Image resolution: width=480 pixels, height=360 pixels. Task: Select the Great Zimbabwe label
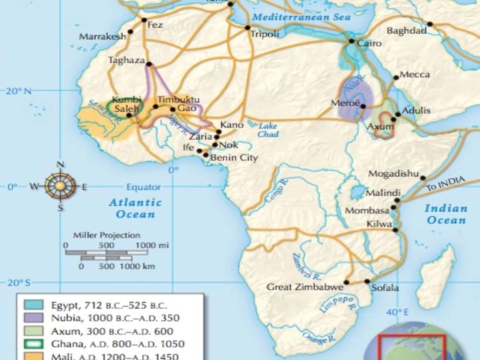(x=305, y=287)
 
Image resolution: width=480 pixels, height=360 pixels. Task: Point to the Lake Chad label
(x=268, y=130)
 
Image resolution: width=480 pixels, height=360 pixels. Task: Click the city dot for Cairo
(x=351, y=42)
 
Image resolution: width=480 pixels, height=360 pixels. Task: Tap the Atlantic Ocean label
(x=135, y=208)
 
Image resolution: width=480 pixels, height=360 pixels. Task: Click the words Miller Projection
(x=106, y=235)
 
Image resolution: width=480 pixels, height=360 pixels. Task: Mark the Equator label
(x=143, y=187)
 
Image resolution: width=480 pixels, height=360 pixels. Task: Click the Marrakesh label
(x=102, y=37)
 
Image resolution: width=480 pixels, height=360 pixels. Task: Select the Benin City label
(x=234, y=158)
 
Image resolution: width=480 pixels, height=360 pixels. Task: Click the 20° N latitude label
(x=19, y=90)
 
